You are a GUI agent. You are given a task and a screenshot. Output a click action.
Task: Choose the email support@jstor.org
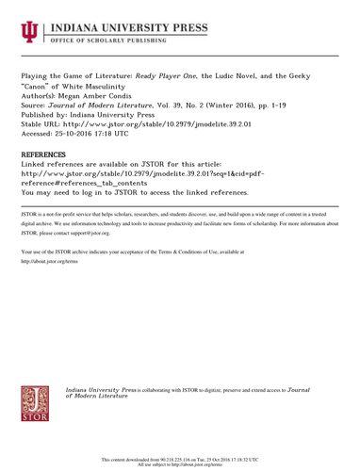(x=90, y=232)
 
